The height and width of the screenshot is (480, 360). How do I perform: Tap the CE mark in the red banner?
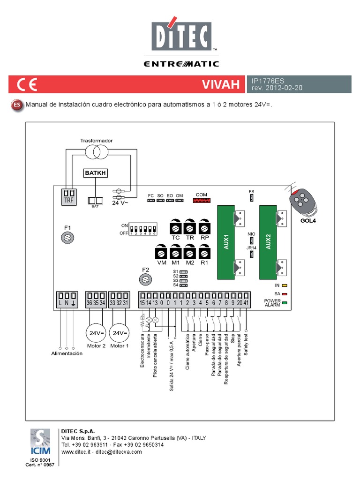[x=27, y=85]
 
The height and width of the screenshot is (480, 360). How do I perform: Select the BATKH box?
[x=95, y=173]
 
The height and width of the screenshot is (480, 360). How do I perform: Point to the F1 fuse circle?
[x=67, y=238]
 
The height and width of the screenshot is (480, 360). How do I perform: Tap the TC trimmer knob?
[x=175, y=228]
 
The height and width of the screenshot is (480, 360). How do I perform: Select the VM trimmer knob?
[x=161, y=253]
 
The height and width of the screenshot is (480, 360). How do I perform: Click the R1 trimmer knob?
[x=204, y=253]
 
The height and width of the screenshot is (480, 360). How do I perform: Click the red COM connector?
[x=201, y=201]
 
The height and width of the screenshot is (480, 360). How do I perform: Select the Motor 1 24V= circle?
[x=119, y=333]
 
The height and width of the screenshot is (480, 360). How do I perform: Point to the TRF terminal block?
[x=69, y=195]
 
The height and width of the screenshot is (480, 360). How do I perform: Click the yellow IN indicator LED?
[x=285, y=285]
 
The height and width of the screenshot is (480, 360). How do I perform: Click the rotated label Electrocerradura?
[x=142, y=351]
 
